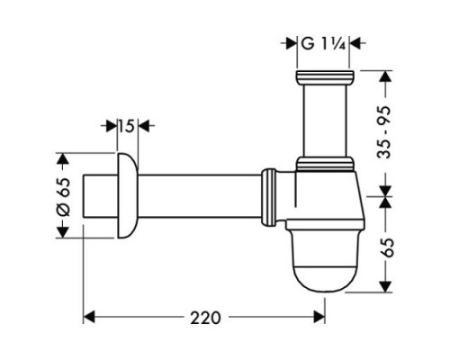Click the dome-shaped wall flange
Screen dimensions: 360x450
click(x=128, y=196)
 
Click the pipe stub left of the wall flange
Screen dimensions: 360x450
click(x=100, y=196)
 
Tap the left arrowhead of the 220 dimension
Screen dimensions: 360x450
click(x=89, y=317)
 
